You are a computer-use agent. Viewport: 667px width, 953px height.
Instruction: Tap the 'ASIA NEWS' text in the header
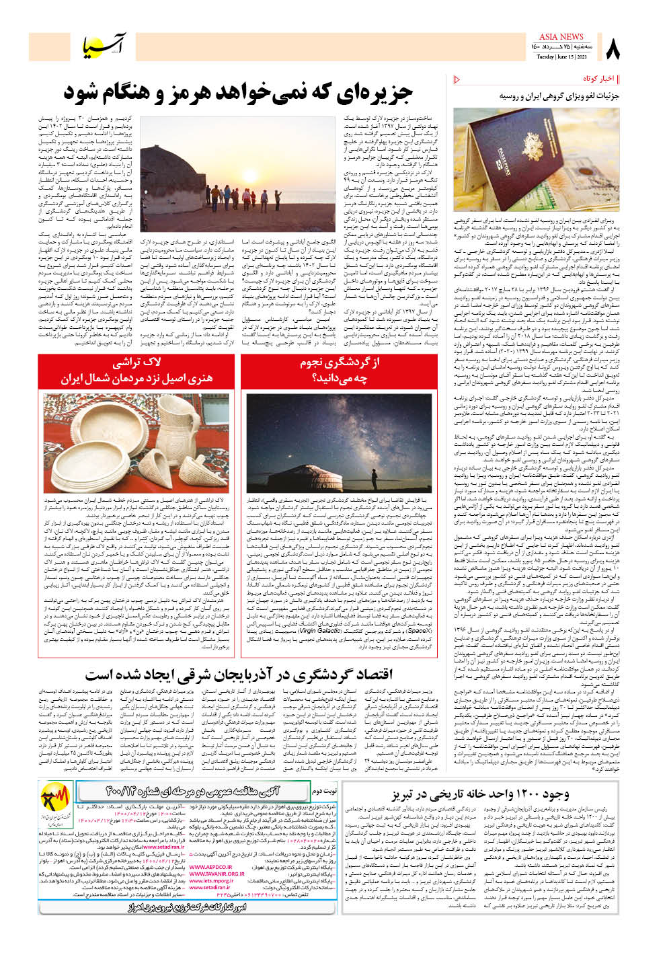pos(561,37)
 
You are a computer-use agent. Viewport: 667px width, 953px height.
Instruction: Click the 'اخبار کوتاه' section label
pos(598,79)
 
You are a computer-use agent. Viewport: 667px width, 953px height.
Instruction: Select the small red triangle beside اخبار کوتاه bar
pos(457,79)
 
